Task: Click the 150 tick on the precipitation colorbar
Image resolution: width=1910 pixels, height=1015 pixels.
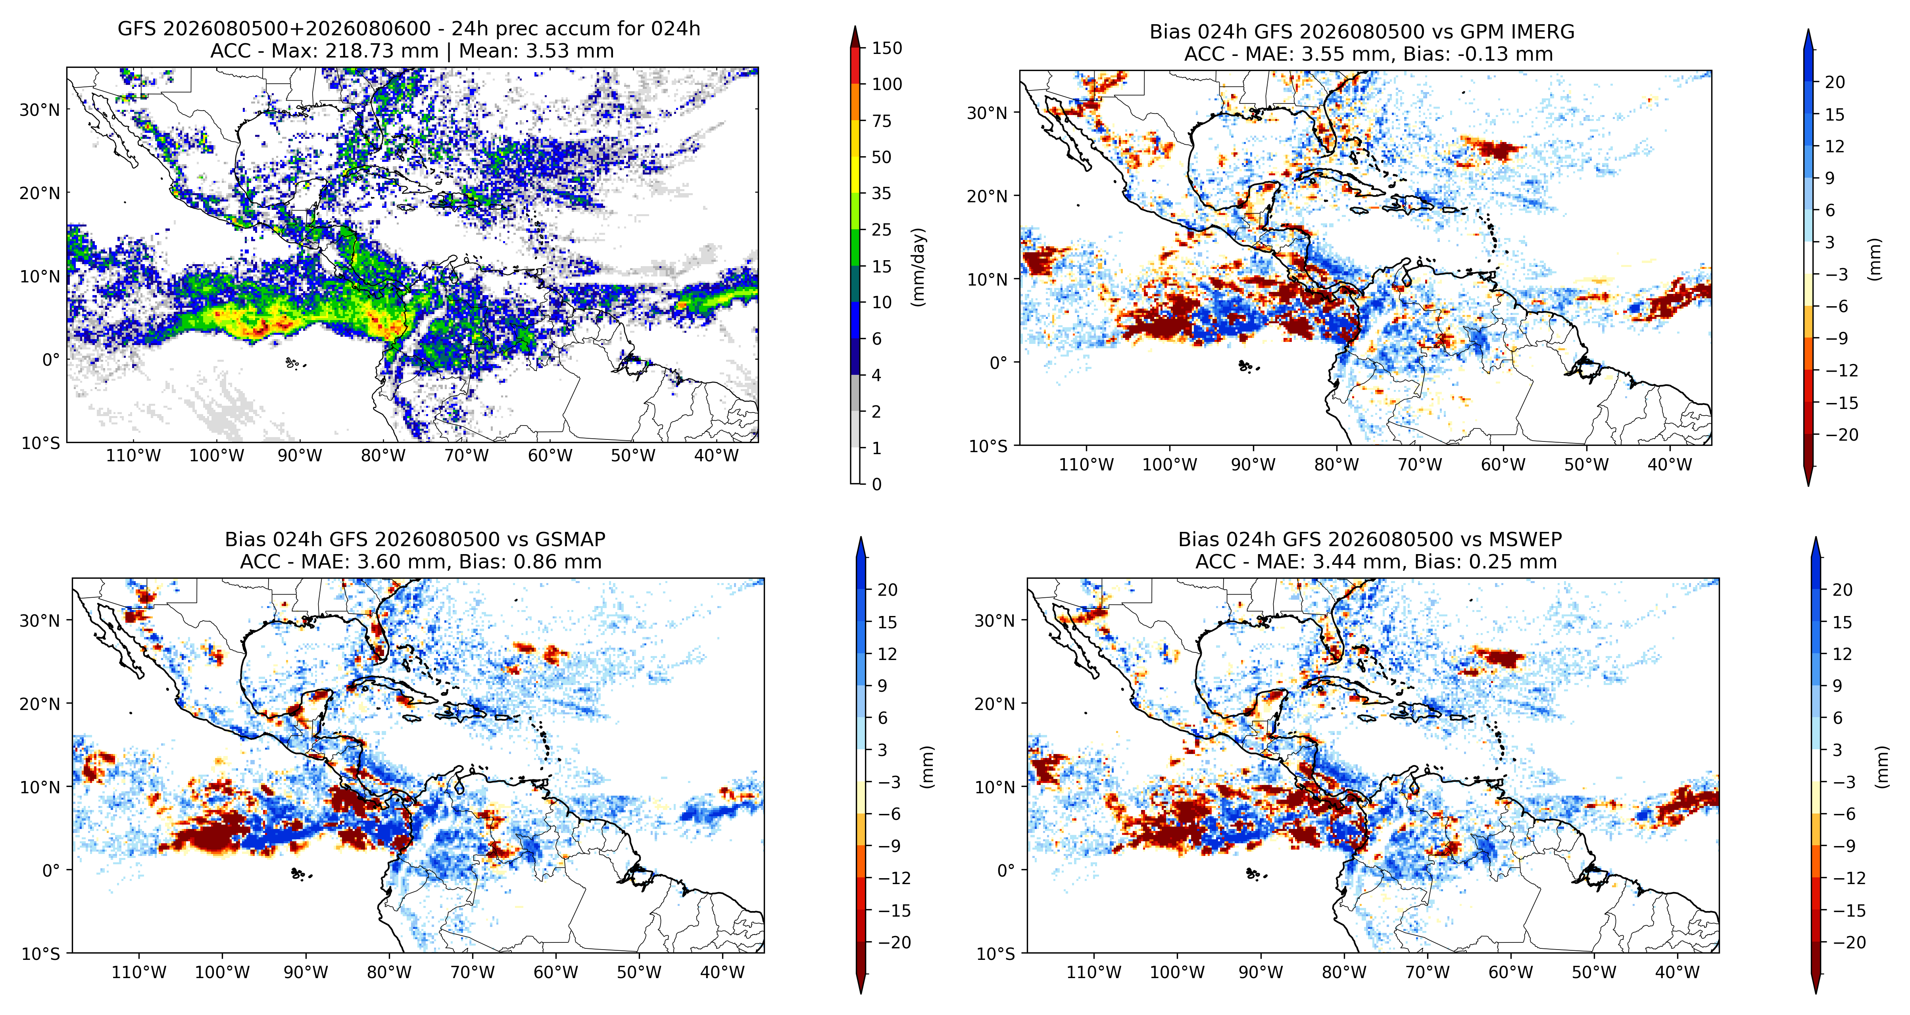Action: click(x=887, y=48)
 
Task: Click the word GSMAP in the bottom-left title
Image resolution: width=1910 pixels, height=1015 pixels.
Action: click(x=569, y=540)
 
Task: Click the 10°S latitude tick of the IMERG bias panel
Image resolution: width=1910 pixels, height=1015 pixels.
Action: click(x=988, y=446)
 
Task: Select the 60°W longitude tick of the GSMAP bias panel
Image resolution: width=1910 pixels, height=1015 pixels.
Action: click(x=555, y=973)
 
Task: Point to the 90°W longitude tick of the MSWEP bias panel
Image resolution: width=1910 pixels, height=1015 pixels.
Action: click(x=1261, y=973)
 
